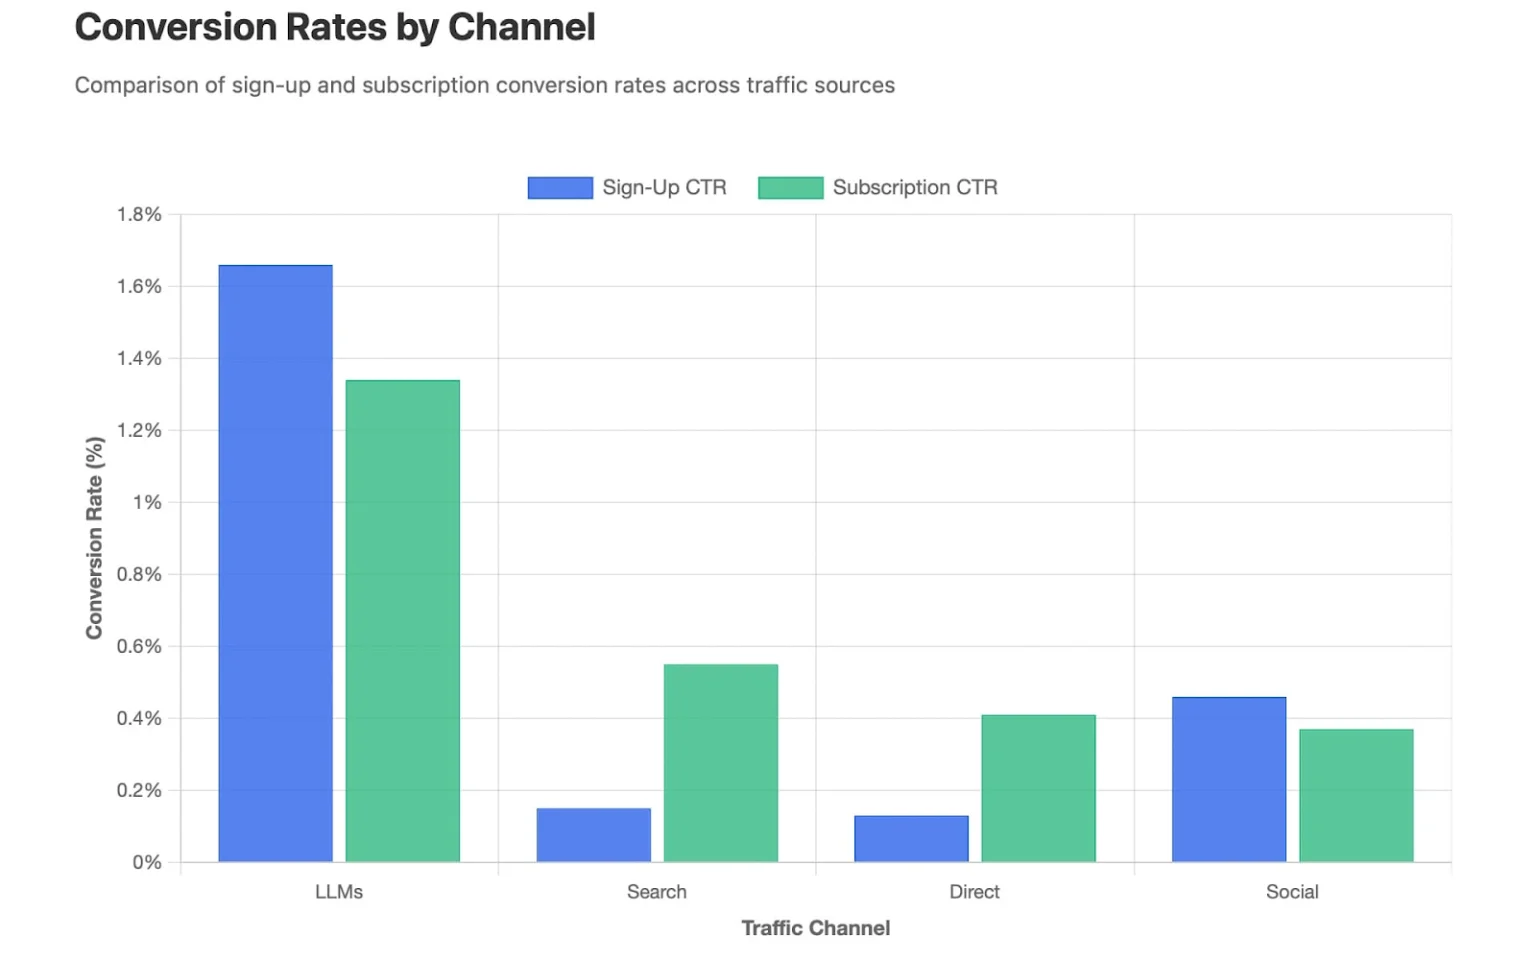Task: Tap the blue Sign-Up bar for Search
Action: pos(593,835)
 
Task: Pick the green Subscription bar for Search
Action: pos(720,763)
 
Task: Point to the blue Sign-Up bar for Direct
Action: pos(911,839)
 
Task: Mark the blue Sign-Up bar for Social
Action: pos(1229,779)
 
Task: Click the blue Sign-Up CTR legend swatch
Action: pos(560,188)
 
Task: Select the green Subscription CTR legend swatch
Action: pos(790,188)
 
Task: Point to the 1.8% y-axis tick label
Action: pos(139,214)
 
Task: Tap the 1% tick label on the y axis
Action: pos(147,502)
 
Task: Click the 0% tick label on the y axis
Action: pos(147,862)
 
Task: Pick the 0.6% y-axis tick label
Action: pos(139,646)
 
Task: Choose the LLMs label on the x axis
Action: pos(339,892)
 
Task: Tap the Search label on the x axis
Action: pos(656,892)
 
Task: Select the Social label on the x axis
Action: pos(1292,892)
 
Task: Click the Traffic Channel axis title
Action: pos(815,928)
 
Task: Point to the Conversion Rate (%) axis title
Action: pos(95,538)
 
